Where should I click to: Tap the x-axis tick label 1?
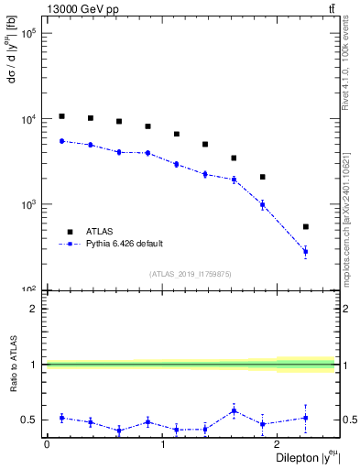coord(162,444)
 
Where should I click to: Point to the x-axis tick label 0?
coord(47,444)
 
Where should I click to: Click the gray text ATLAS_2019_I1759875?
coord(191,273)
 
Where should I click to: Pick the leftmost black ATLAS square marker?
coord(61,116)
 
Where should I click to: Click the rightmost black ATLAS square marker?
coord(306,226)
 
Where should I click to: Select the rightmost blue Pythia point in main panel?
coord(306,251)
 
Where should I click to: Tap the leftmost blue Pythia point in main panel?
coord(61,141)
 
